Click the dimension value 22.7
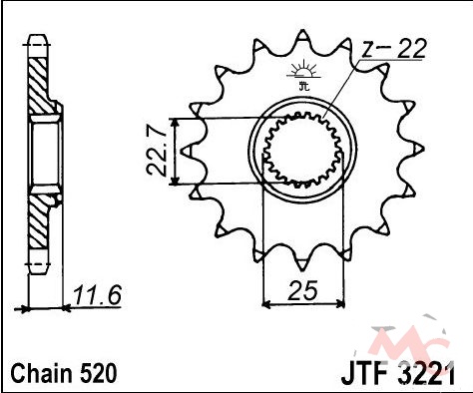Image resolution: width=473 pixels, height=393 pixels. (157, 151)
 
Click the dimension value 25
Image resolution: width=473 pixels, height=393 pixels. (303, 290)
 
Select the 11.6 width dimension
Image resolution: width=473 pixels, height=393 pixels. (97, 295)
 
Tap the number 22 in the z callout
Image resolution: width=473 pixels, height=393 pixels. (412, 49)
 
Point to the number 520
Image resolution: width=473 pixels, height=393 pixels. (99, 373)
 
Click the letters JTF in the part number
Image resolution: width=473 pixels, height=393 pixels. (363, 375)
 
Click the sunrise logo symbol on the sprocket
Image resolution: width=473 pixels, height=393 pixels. (303, 69)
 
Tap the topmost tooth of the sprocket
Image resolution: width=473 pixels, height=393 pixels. (302, 35)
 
